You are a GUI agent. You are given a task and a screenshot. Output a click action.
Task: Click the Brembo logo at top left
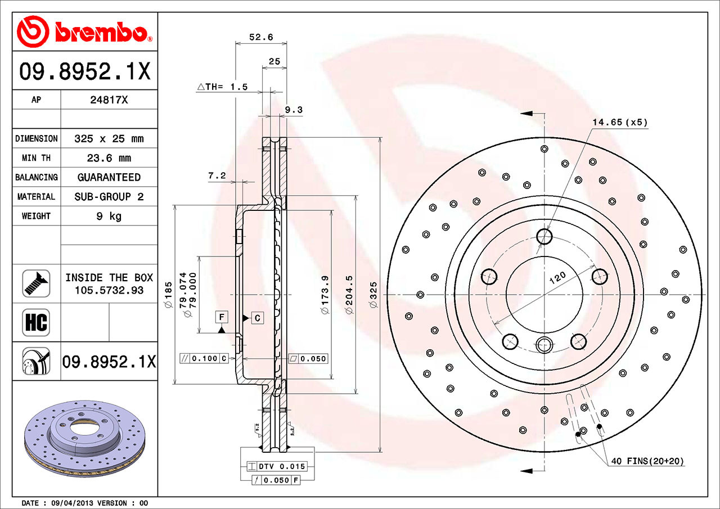point(84,30)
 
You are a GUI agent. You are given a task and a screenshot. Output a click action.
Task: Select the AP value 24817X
point(109,100)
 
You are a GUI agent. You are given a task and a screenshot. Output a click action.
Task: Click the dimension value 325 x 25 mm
point(109,138)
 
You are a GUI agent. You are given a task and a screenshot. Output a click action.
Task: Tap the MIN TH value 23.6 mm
point(109,158)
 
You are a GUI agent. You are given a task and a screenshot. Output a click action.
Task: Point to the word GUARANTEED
point(109,177)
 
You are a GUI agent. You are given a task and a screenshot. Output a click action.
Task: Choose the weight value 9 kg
point(109,216)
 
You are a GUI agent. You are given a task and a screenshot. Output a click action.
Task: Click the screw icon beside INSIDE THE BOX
point(36,283)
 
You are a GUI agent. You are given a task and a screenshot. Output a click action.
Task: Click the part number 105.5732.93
point(109,290)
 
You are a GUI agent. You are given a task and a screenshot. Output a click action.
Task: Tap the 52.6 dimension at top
point(261,37)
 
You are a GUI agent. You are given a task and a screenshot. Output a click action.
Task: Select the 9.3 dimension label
point(294,110)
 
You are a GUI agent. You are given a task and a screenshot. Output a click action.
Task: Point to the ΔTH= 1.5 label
point(222,87)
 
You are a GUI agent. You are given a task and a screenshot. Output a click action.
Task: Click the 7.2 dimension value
point(217,176)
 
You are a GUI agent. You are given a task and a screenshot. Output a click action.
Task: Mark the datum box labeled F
point(222,318)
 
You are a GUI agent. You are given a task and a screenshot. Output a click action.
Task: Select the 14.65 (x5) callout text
point(619,121)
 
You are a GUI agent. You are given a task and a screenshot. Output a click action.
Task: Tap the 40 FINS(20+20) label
point(647,461)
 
